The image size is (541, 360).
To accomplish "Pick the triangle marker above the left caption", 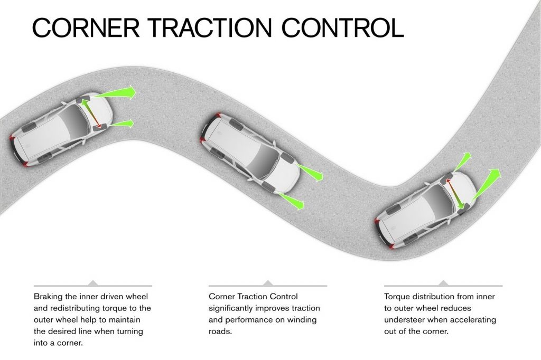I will point(93,283).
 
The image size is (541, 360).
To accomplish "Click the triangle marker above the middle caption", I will point(268,283).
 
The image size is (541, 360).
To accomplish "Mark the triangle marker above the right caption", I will point(443,283).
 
